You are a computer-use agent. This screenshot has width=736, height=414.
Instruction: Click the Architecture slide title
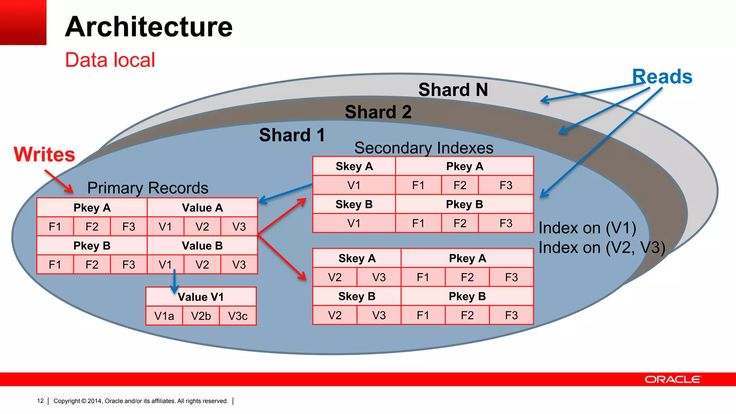tap(148, 27)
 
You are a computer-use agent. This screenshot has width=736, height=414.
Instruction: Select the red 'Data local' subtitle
tap(110, 60)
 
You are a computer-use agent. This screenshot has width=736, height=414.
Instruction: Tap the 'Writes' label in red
tap(44, 155)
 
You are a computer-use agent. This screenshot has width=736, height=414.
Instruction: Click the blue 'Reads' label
tap(662, 77)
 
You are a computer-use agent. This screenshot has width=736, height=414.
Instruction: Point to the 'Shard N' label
tap(453, 89)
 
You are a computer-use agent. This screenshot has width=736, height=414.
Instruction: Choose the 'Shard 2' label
tap(378, 112)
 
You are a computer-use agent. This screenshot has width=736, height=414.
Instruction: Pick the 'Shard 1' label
tap(292, 135)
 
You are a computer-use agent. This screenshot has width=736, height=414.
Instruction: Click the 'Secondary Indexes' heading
tap(424, 148)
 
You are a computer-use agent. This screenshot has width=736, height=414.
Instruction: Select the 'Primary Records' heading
tap(148, 188)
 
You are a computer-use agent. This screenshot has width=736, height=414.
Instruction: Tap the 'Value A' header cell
tap(202, 208)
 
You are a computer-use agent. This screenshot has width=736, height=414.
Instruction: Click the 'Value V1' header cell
tap(201, 297)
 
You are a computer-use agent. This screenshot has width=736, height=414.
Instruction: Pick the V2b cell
tap(201, 316)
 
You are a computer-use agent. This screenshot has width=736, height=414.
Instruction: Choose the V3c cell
tap(238, 316)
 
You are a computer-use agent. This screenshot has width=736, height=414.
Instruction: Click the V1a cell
tap(164, 316)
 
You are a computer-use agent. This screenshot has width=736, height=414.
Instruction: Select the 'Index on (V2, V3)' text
tap(602, 248)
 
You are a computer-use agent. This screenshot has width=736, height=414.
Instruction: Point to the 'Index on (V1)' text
tap(587, 228)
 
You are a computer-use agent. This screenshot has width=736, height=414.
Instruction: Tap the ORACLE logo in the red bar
tap(672, 379)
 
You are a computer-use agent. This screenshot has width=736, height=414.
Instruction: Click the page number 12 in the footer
tap(40, 401)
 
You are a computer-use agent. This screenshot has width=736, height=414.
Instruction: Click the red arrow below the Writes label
tap(60, 182)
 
